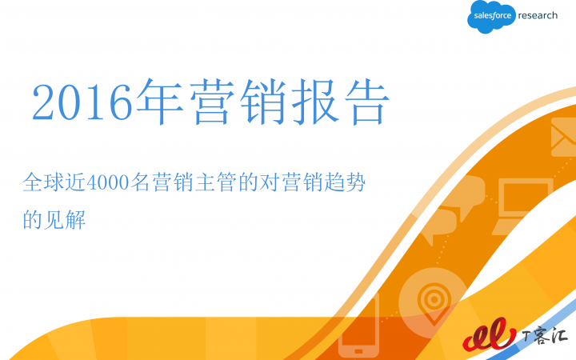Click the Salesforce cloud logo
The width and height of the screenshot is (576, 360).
pos(490,17)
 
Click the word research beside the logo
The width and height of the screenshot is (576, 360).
pos(538,15)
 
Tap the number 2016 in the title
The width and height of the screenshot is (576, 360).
pos(82,102)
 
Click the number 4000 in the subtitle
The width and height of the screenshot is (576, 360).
pos(107,182)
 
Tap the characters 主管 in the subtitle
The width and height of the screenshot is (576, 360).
pos(216,182)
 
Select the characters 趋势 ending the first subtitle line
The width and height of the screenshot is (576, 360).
pos(345,182)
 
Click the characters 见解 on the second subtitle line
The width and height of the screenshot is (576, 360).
pos(65,220)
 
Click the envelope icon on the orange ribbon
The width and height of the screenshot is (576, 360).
pos(563,137)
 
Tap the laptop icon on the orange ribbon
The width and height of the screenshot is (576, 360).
pos(523,206)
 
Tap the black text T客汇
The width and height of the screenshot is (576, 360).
pos(545,335)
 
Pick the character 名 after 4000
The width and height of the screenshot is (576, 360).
pos(140,182)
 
